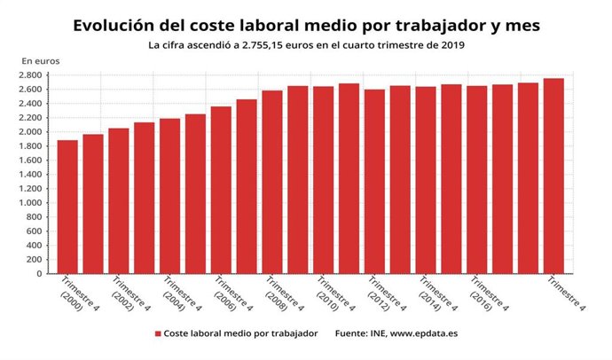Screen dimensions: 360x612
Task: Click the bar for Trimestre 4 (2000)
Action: pyautogui.click(x=67, y=207)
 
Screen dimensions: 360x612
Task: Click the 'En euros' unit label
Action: pyautogui.click(x=41, y=59)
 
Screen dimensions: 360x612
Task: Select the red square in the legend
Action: pyautogui.click(x=158, y=334)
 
